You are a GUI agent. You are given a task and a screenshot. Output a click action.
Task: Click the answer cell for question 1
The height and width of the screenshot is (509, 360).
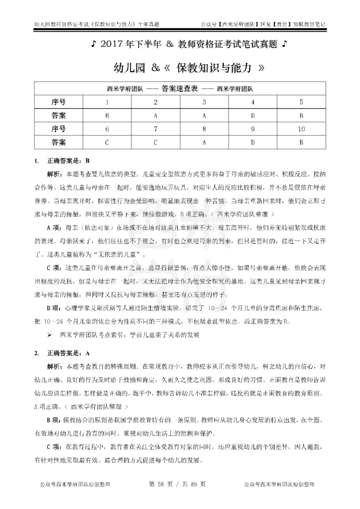[x=107, y=116]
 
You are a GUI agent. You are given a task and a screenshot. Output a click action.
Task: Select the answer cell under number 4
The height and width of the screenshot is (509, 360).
[x=253, y=116]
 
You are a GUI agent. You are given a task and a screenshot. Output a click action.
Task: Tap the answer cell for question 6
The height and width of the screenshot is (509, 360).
[x=107, y=143]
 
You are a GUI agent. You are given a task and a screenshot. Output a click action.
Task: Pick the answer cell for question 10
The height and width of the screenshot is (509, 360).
[x=301, y=143]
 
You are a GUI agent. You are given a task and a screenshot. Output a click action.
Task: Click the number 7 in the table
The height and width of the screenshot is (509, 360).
[x=155, y=129]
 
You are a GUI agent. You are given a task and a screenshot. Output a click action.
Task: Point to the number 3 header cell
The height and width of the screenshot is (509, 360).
[x=204, y=102]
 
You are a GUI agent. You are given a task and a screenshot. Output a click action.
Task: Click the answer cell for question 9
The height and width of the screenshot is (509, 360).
[x=253, y=143]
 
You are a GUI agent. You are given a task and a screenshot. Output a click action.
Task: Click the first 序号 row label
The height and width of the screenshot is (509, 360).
[x=58, y=102]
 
